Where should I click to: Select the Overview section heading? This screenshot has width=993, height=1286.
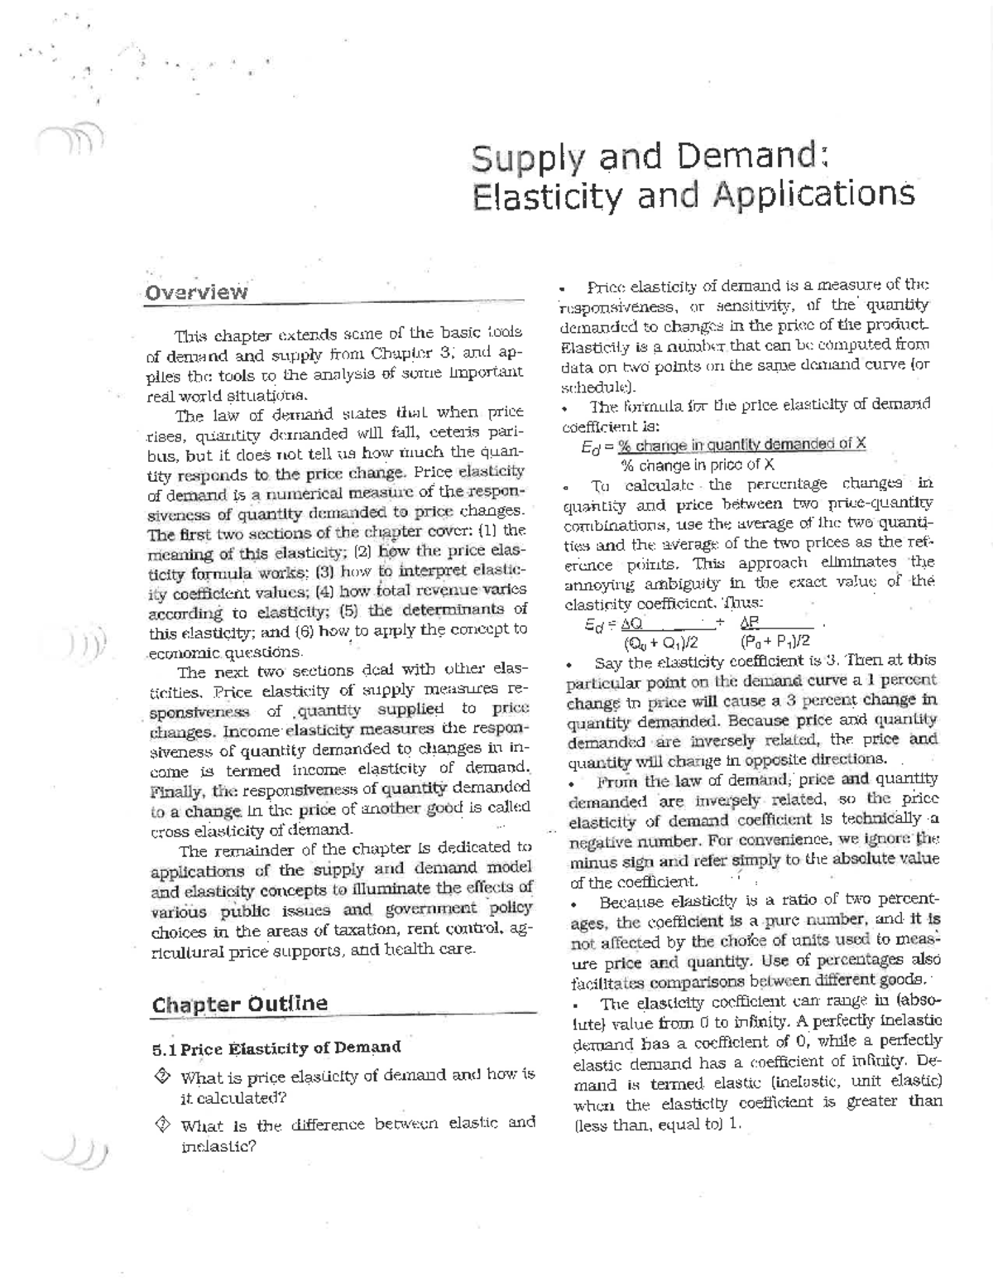[x=196, y=291]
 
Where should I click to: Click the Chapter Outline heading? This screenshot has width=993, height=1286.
[x=240, y=1004]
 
